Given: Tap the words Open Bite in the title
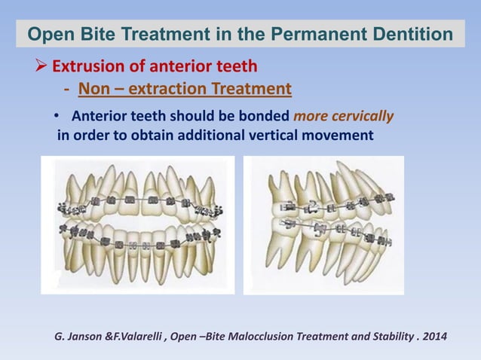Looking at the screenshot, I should [66, 35].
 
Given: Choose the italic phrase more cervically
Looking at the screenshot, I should [343, 117].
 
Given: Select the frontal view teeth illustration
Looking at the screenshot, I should [137, 224].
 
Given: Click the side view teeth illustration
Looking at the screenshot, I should [323, 224].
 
